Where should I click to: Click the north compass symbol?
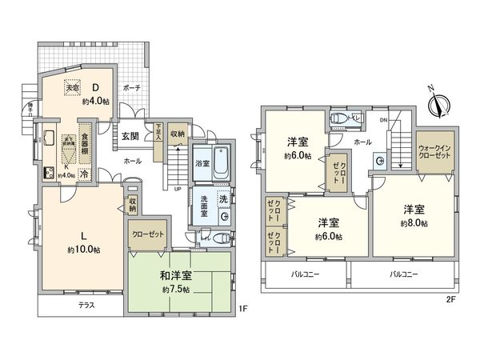tap(437, 102)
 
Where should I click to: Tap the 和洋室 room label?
tap(175, 276)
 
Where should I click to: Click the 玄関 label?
tap(131, 136)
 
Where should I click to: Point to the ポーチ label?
tap(133, 88)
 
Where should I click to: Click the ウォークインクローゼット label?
tap(433, 153)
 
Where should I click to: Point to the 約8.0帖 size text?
tap(413, 223)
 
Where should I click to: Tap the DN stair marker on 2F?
tap(383, 121)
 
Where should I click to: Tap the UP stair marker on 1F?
tap(176, 188)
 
